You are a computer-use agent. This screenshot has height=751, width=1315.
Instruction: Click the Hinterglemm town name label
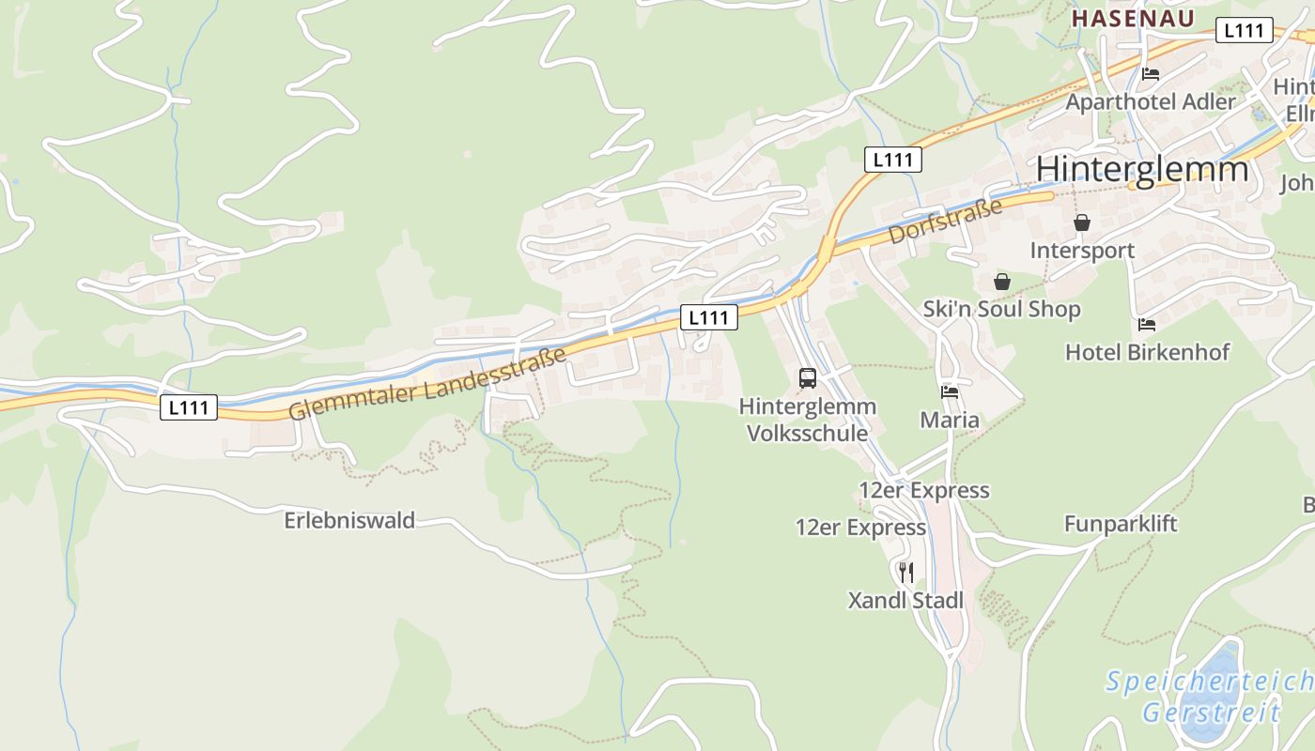pos(1142,169)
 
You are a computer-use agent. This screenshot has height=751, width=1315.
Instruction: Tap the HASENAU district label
pos(1133,19)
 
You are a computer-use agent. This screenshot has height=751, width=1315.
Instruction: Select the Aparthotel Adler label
pos(1151,101)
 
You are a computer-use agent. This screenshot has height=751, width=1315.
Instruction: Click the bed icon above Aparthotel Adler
pos(1151,74)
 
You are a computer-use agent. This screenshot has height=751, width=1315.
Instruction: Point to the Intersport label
pos(1082,251)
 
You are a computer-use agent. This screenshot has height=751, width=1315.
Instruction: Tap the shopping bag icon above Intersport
pos(1082,223)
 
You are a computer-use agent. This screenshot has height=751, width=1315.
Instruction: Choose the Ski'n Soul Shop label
pos(1001,309)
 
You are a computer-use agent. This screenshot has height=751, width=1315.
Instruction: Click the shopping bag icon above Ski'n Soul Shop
pos(1002,282)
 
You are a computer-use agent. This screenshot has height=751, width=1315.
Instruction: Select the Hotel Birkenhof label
pos(1147,352)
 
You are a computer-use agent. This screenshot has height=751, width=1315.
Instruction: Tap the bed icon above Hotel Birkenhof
pos(1147,325)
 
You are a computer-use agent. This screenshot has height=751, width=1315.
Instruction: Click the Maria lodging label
pos(950,420)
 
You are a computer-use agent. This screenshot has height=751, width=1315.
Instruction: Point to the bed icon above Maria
pos(950,392)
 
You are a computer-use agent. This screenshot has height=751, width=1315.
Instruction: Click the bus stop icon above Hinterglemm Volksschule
pos(808,378)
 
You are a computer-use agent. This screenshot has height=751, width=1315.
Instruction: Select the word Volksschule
pos(807,434)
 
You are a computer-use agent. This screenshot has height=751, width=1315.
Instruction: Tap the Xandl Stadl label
pos(905,601)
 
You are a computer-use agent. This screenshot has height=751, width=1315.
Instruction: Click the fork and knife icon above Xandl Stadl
pos(905,573)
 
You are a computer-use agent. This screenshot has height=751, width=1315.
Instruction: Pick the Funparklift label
pos(1121,524)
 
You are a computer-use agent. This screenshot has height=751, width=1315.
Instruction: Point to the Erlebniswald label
pos(349,520)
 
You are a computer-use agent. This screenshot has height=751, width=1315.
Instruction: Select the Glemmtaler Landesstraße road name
pos(427,384)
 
